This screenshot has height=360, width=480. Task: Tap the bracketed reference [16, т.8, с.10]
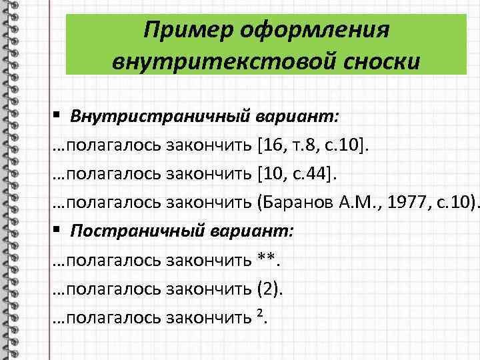(312, 144)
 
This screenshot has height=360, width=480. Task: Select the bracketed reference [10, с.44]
(297, 173)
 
